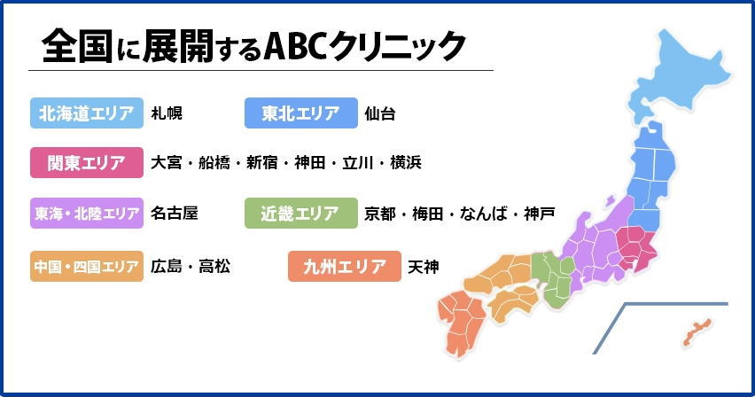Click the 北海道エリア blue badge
(87, 113)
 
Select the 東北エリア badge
(300, 113)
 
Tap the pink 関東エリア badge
(87, 163)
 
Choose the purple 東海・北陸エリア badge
(87, 214)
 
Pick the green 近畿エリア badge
(300, 214)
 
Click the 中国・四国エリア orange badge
(87, 266)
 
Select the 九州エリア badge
(344, 266)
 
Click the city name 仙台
(380, 113)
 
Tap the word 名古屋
(175, 214)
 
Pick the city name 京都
(380, 214)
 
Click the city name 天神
(423, 266)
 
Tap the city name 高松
(214, 266)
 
